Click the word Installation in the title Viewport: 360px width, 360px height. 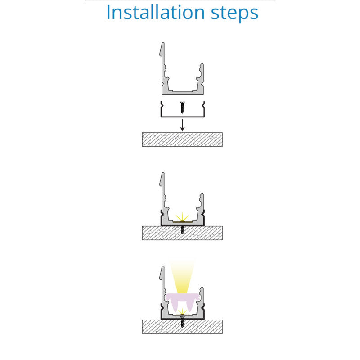pyautogui.click(x=155, y=13)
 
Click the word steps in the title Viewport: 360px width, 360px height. pyautogui.click(x=234, y=14)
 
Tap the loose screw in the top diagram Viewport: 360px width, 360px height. pyautogui.click(x=182, y=107)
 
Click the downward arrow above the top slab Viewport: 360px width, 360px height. pyautogui.click(x=182, y=125)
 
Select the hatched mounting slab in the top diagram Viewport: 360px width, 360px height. pyautogui.click(x=182, y=139)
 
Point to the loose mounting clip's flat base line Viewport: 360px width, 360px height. pyautogui.click(x=183, y=117)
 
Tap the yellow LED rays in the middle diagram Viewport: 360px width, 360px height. pyautogui.click(x=182, y=217)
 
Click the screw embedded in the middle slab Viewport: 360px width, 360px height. pyautogui.click(x=182, y=230)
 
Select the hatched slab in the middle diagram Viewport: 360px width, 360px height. pyautogui.click(x=182, y=233)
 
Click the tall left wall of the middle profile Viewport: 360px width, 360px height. pyautogui.click(x=163, y=195)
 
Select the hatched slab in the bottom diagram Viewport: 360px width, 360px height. pyautogui.click(x=182, y=327)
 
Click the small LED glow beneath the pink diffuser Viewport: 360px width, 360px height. pyautogui.click(x=182, y=312)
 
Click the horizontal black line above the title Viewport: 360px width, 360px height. pyautogui.click(x=180, y=0)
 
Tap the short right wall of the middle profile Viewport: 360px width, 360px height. pyautogui.click(x=201, y=207)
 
